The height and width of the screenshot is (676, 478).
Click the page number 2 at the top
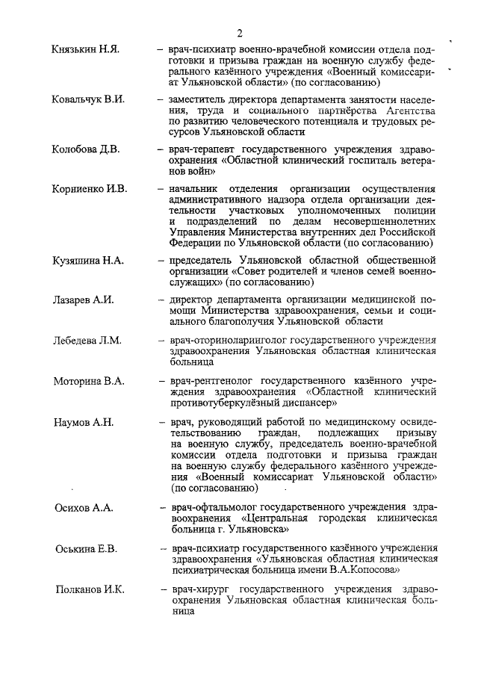(x=240, y=32)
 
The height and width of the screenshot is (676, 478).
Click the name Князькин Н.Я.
(x=86, y=49)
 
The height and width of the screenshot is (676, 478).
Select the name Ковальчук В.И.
(x=88, y=99)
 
